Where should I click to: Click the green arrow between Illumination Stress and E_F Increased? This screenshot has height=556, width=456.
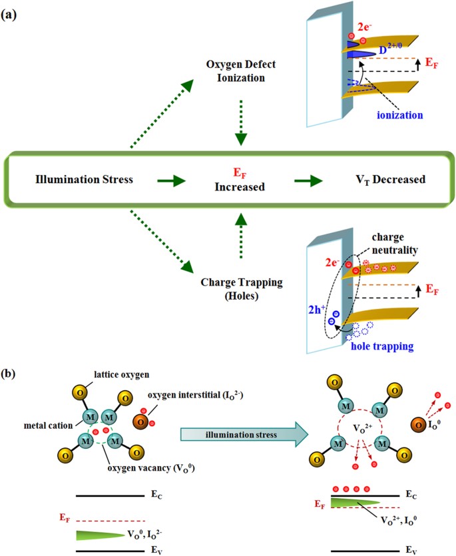tap(168, 179)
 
